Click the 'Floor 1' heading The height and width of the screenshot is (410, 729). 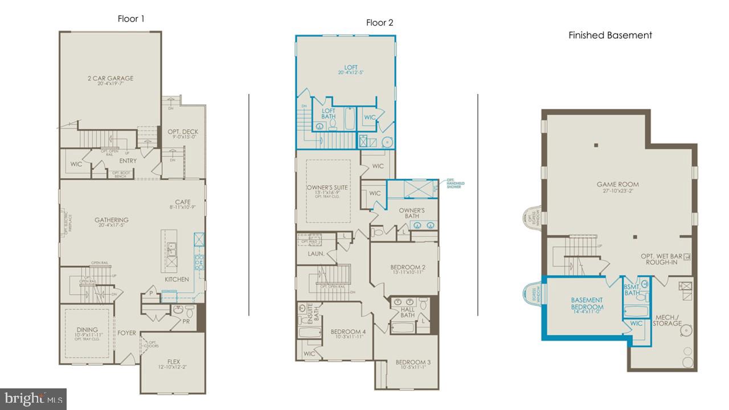pyautogui.click(x=131, y=19)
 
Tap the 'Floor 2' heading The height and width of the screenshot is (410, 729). pyautogui.click(x=379, y=23)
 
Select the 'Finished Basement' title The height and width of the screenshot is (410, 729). pyautogui.click(x=610, y=35)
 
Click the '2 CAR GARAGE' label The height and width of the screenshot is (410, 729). pyautogui.click(x=111, y=79)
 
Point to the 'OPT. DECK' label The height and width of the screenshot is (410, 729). pyautogui.click(x=183, y=132)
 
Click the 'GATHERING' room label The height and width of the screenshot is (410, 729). pyautogui.click(x=112, y=220)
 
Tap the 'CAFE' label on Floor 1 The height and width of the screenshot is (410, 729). pyautogui.click(x=183, y=202)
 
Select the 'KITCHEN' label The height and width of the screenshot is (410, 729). pyautogui.click(x=177, y=280)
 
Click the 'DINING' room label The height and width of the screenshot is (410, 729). pyautogui.click(x=87, y=330)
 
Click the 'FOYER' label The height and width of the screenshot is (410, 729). pyautogui.click(x=127, y=333)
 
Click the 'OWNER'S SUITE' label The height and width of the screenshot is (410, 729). pyautogui.click(x=327, y=187)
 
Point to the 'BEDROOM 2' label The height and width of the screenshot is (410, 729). pyautogui.click(x=408, y=267)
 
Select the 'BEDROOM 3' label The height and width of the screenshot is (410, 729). pyautogui.click(x=413, y=362)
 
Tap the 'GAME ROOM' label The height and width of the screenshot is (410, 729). pyautogui.click(x=617, y=184)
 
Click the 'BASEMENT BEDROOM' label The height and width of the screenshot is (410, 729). pyautogui.click(x=587, y=304)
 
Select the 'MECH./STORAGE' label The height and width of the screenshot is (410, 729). pyautogui.click(x=667, y=320)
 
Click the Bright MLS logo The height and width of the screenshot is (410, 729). pyautogui.click(x=33, y=398)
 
